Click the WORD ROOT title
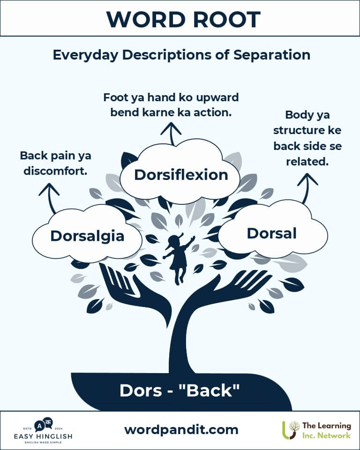pos(183,20)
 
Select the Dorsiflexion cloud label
pos(181,174)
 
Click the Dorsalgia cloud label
pos(87,236)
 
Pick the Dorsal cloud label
pos(271,233)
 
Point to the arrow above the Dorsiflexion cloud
pos(171,134)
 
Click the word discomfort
pos(55,171)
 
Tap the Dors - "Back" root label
pos(180,390)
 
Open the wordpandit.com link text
pos(181,430)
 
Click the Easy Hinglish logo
pos(43,431)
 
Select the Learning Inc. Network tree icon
pos(291,430)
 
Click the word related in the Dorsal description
pos(307,162)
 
